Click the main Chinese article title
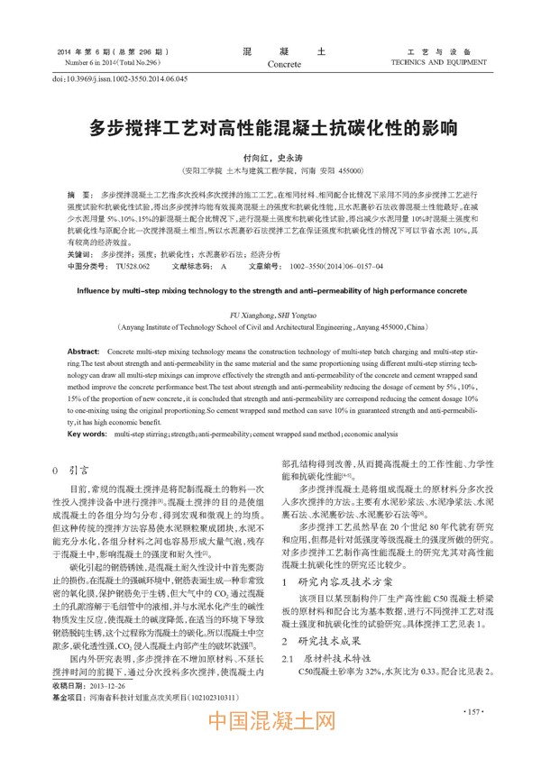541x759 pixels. pos(271,126)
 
